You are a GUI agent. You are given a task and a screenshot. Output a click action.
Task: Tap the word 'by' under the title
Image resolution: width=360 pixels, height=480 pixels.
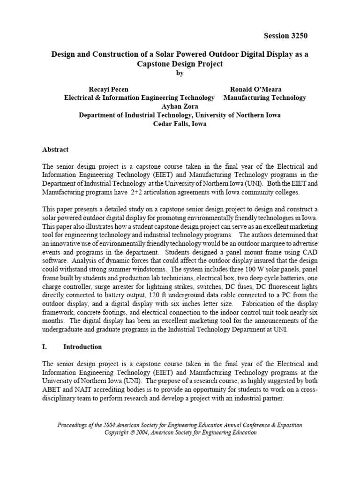180,73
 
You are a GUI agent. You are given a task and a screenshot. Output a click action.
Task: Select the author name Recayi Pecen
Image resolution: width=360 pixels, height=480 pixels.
108,89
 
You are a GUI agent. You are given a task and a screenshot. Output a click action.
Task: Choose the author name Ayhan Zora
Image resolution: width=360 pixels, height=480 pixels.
180,106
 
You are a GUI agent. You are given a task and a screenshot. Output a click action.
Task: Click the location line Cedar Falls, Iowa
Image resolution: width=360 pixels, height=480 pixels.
180,124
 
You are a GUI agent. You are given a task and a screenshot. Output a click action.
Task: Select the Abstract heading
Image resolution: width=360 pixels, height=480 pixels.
55,150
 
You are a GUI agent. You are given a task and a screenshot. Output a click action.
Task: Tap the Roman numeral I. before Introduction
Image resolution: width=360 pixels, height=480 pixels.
45,347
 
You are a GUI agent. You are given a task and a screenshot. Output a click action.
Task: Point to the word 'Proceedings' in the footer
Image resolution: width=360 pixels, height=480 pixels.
75,425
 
